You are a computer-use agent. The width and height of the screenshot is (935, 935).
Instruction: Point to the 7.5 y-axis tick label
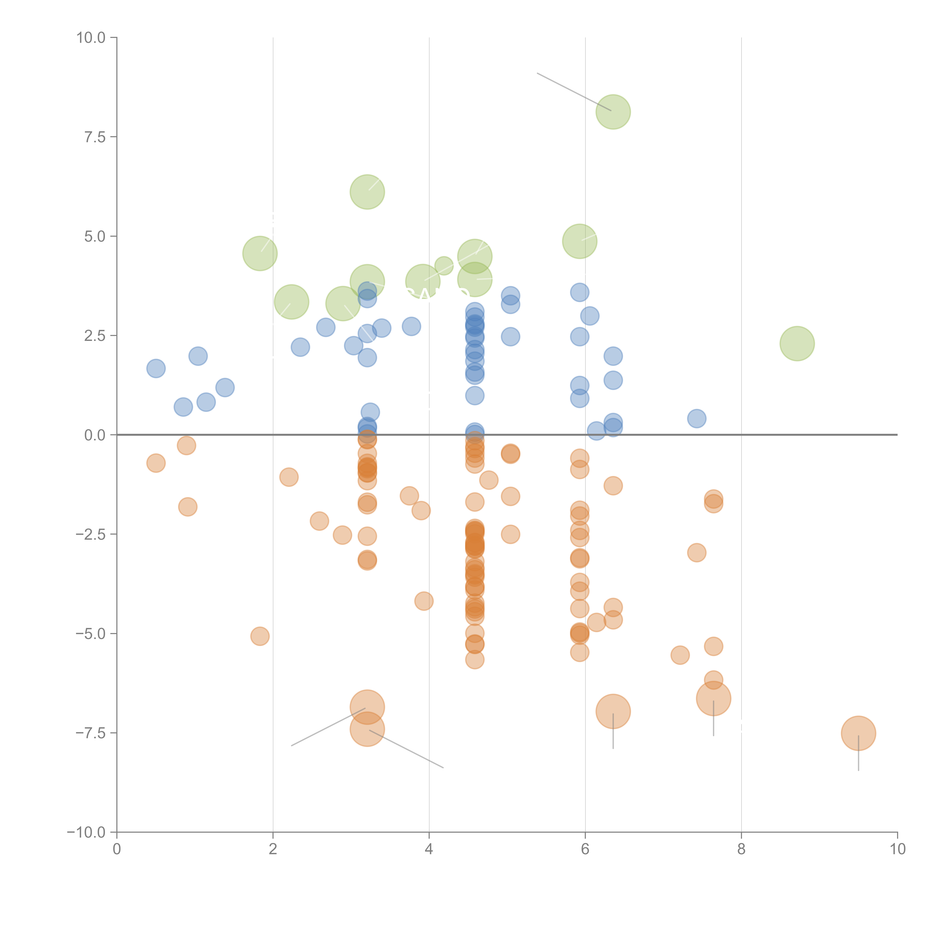point(95,137)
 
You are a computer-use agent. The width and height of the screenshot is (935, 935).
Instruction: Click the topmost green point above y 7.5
point(613,112)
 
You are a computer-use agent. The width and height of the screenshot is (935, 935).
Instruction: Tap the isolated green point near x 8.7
point(797,344)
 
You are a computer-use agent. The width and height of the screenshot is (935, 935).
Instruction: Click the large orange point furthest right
point(859,733)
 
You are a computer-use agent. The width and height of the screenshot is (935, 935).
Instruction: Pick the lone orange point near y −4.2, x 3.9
point(424,601)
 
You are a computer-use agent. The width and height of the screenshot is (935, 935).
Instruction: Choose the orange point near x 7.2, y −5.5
point(680,655)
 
